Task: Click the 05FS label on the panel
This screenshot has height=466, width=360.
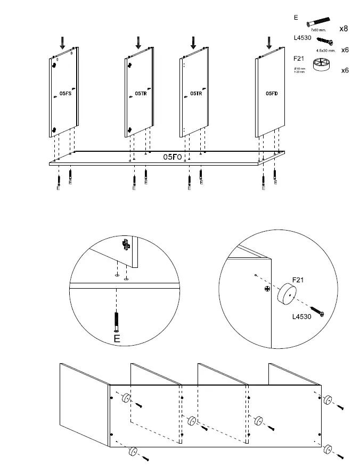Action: click(x=65, y=94)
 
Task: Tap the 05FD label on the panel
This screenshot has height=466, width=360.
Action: click(x=272, y=93)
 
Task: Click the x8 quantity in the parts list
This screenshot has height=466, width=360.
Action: click(x=343, y=28)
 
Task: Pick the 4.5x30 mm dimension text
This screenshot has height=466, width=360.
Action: click(x=325, y=51)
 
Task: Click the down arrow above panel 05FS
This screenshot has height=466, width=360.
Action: click(x=63, y=43)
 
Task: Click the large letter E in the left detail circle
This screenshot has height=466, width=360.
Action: click(x=117, y=338)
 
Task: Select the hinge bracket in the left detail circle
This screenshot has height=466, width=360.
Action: click(x=126, y=245)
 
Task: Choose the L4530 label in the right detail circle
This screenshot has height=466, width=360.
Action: click(x=301, y=316)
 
